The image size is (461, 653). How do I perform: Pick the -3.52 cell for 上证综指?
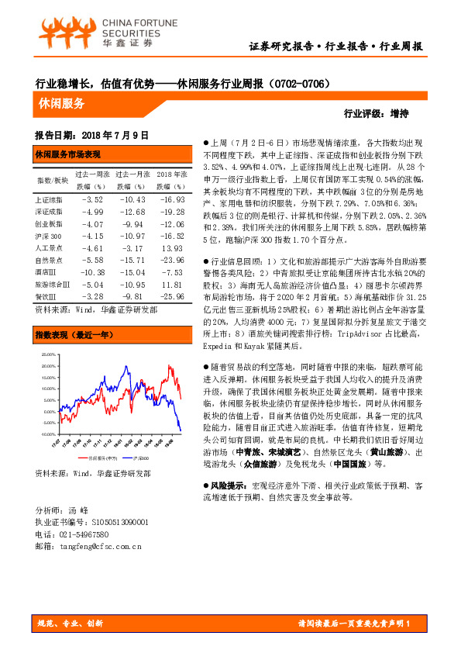tap(92, 199)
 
